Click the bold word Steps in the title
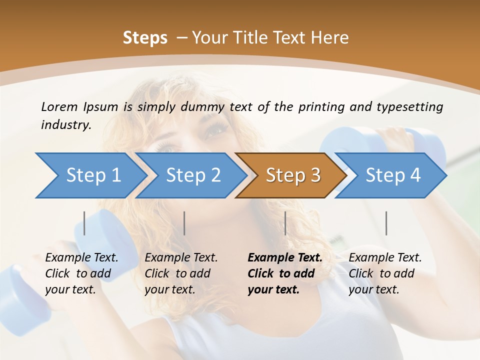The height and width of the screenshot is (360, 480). point(145,38)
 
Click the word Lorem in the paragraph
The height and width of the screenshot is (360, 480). point(59,106)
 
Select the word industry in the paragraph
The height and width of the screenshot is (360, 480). point(65,124)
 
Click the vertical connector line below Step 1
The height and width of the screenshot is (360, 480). point(84,223)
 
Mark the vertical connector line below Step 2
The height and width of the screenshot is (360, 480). point(184,223)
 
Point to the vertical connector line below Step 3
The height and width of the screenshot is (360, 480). point(285,223)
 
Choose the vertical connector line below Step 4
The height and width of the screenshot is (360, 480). point(386,223)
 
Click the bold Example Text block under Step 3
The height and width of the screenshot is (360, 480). point(285,273)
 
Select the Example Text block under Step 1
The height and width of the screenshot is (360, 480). point(81,273)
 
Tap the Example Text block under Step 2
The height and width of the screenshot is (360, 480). point(181,273)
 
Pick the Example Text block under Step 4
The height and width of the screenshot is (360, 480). point(385,273)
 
